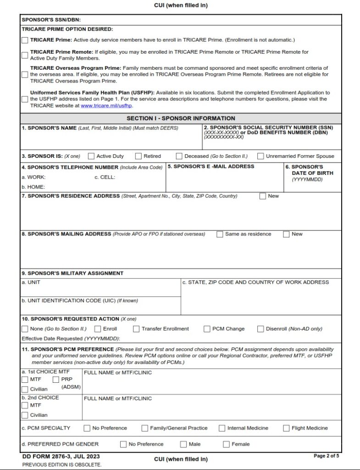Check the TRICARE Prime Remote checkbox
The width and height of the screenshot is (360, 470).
pos(25,55)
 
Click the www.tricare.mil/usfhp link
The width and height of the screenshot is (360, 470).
pos(106,106)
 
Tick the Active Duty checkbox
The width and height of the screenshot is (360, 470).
pos(91,156)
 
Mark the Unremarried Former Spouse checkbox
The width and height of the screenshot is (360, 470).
pos(261,156)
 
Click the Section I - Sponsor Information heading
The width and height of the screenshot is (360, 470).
pos(181,118)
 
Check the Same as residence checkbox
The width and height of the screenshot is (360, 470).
pos(220,234)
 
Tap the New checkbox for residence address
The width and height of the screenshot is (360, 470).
pos(263,196)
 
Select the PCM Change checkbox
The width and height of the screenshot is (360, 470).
pos(207,329)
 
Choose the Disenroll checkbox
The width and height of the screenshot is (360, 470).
pos(261,329)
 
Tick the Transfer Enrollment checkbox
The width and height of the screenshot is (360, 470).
pos(136,329)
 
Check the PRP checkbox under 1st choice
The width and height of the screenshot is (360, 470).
pos(56,380)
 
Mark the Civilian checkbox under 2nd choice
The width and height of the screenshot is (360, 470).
pos(25,415)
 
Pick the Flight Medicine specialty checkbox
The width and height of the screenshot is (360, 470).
pos(286,428)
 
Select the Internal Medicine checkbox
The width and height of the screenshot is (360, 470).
pos(222,428)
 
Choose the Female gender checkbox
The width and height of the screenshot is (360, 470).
pos(226,444)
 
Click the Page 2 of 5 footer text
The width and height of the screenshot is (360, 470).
pos(326,456)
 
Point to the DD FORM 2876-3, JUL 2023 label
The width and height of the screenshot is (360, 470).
pos(61,457)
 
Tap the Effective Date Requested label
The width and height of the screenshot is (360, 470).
pos(71,339)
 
